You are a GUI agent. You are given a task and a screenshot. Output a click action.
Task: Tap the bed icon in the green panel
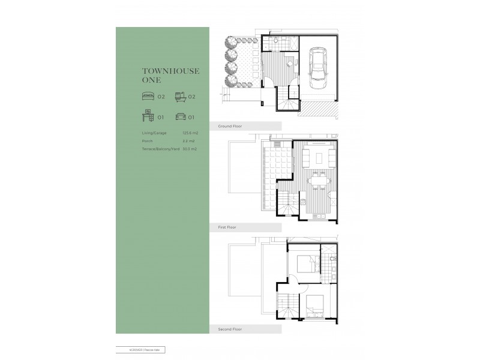147,96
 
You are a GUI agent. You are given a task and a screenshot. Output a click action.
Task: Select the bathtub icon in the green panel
180,96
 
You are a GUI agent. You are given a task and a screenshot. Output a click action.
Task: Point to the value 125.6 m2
190,134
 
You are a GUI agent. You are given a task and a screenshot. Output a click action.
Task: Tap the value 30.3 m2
190,148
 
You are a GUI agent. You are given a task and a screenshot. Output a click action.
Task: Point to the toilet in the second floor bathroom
331,260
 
